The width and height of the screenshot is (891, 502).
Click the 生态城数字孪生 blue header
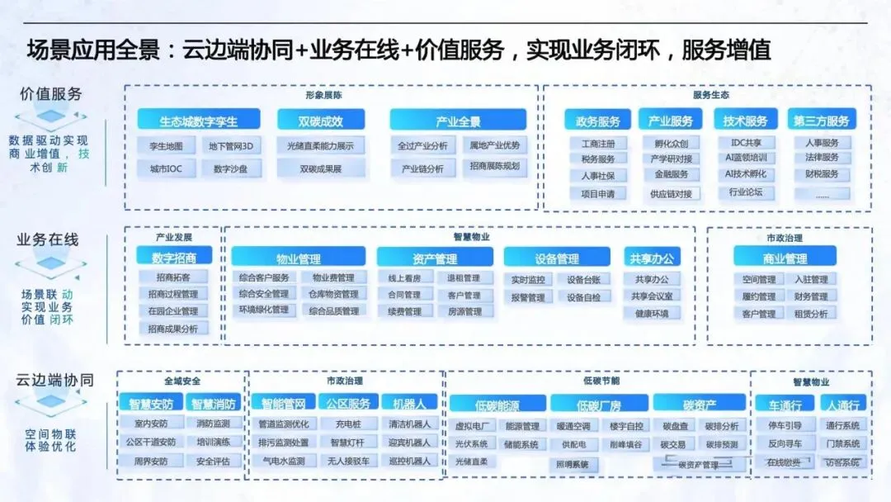click(x=198, y=121)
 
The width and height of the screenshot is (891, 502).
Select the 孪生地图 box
click(x=167, y=146)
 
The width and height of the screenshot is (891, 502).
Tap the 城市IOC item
click(x=167, y=169)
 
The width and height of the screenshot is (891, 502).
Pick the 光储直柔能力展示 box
click(x=321, y=146)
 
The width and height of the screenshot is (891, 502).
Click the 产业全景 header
click(x=458, y=121)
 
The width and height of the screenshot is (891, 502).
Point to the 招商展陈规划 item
click(x=494, y=167)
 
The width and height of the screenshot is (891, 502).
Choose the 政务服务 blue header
click(x=598, y=121)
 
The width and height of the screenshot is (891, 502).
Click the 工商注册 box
click(x=598, y=143)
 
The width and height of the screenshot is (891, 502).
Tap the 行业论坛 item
click(x=746, y=192)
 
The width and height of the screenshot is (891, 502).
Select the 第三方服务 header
click(x=822, y=121)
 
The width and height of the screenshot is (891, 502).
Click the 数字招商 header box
click(x=174, y=258)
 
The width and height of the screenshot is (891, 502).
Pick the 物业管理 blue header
click(x=298, y=259)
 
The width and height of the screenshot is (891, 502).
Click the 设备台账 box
click(x=583, y=280)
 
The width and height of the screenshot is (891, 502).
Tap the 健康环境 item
click(x=652, y=314)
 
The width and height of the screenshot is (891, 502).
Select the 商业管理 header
click(x=785, y=259)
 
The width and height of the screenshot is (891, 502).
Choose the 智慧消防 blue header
click(x=214, y=405)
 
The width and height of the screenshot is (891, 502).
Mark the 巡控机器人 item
click(x=409, y=461)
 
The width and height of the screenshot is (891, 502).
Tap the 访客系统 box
click(x=841, y=462)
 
